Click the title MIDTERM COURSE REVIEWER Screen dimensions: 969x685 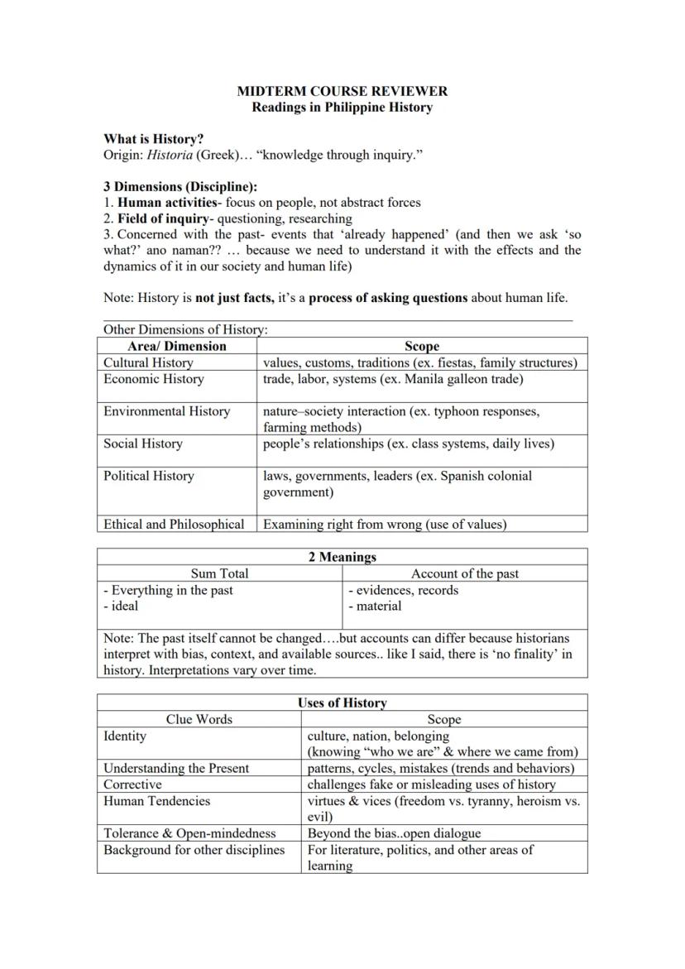pyautogui.click(x=342, y=91)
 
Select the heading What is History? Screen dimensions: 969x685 pyautogui.click(x=153, y=139)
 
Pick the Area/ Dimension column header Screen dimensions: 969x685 pyautogui.click(x=177, y=346)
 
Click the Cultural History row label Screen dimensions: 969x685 pyautogui.click(x=148, y=362)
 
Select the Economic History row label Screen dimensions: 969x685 pyautogui.click(x=153, y=379)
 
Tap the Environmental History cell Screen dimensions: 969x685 pyautogui.click(x=166, y=411)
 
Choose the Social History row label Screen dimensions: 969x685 pyautogui.click(x=143, y=444)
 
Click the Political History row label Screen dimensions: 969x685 pyautogui.click(x=149, y=476)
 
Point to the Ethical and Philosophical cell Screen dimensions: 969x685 pyautogui.click(x=174, y=524)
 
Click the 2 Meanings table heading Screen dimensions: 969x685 pyautogui.click(x=342, y=557)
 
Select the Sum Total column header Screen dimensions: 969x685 pyautogui.click(x=219, y=573)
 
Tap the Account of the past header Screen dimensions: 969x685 pyautogui.click(x=465, y=573)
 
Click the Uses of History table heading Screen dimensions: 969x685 pyautogui.click(x=342, y=703)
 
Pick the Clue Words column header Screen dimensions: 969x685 pyautogui.click(x=199, y=719)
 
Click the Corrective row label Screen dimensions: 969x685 pyautogui.click(x=132, y=784)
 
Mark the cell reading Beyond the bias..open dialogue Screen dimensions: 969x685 pyautogui.click(x=394, y=833)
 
